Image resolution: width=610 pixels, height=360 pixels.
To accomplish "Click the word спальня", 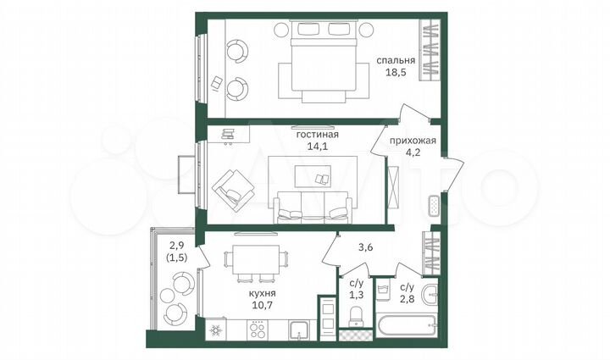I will pyautogui.click(x=396, y=61).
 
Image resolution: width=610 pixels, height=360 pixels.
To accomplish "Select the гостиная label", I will pyautogui.click(x=318, y=134).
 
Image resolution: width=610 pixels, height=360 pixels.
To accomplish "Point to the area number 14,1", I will pyautogui.click(x=318, y=146).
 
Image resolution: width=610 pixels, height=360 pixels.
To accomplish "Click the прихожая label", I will pyautogui.click(x=413, y=141).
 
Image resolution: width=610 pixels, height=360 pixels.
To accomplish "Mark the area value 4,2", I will pyautogui.click(x=413, y=154).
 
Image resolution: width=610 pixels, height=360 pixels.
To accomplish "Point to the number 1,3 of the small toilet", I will pyautogui.click(x=358, y=294).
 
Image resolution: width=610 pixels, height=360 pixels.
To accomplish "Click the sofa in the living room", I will pyautogui.click(x=312, y=208).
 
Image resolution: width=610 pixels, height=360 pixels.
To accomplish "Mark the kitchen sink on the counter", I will pyautogui.click(x=298, y=330).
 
